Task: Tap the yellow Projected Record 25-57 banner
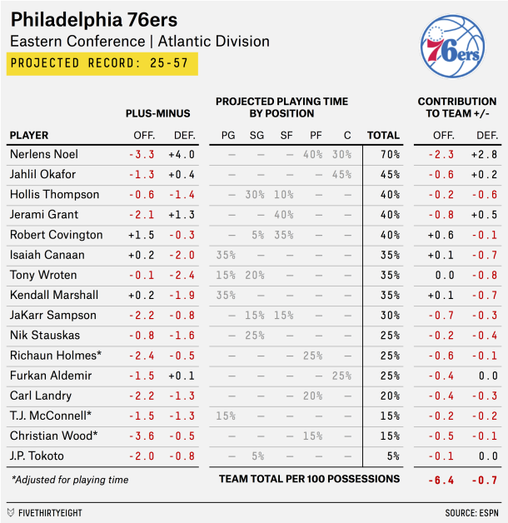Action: [x=102, y=63]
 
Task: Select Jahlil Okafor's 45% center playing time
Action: [x=341, y=174]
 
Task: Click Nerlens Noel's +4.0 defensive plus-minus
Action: [x=181, y=154]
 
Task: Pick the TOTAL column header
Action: [x=383, y=135]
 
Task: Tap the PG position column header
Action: [x=227, y=135]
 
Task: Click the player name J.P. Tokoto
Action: [x=37, y=456]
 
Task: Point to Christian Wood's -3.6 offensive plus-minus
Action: [x=141, y=436]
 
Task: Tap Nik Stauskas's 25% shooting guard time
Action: [x=255, y=336]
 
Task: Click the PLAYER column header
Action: [x=29, y=135]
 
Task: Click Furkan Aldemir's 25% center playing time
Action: [x=341, y=376]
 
